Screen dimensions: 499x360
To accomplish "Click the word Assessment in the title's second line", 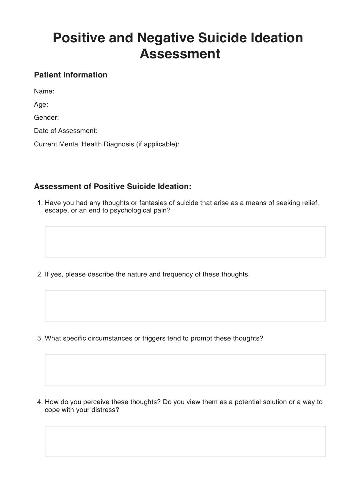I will [180, 54].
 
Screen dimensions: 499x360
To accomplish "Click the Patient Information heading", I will [70, 75].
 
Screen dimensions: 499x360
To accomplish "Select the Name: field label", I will [44, 91].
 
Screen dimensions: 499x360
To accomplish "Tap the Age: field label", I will [41, 104].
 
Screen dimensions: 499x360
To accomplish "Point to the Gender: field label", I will [46, 118].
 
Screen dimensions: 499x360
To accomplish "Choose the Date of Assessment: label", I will [66, 131].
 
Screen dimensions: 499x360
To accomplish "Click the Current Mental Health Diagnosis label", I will [84, 144].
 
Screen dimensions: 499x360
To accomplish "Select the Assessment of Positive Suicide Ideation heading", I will [112, 186].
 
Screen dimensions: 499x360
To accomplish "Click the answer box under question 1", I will [185, 242].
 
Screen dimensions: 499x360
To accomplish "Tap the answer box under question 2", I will [185, 306].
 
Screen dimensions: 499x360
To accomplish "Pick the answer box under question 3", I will [185, 370].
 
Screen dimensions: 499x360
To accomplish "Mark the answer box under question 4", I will [185, 441].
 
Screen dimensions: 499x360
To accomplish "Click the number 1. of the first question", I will [40, 203].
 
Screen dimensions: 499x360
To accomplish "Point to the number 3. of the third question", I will [40, 338].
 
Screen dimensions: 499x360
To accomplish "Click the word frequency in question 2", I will [177, 274].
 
